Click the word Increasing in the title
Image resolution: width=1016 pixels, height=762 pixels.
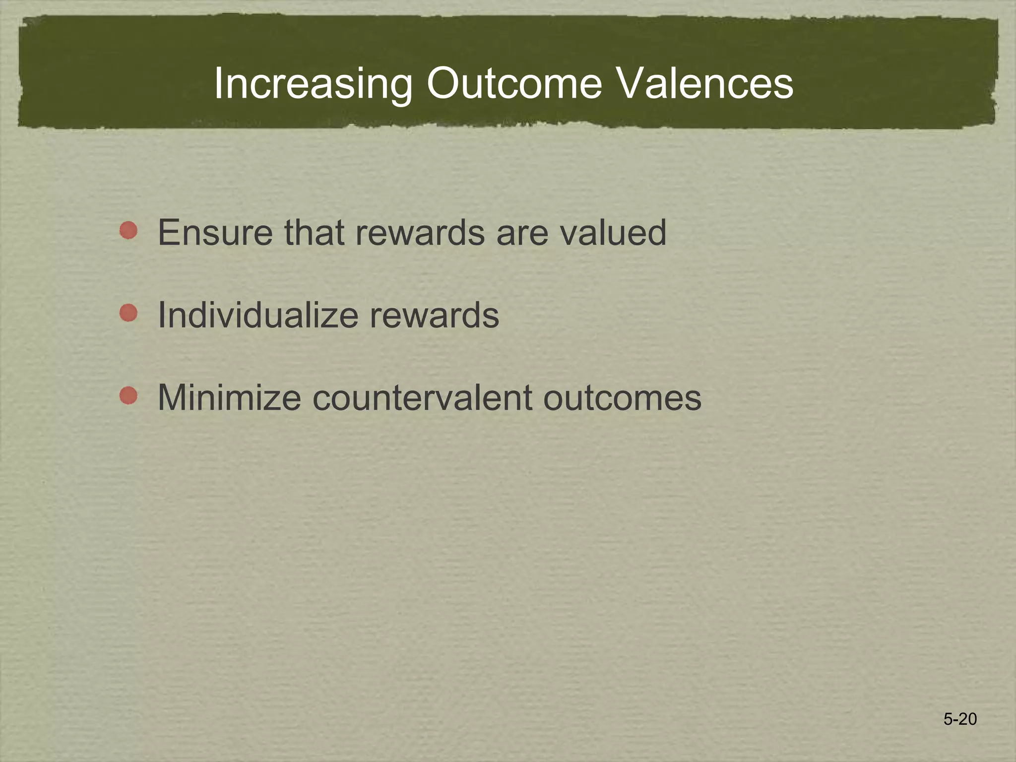pyautogui.click(x=313, y=84)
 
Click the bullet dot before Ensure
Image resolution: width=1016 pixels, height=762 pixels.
pyautogui.click(x=128, y=230)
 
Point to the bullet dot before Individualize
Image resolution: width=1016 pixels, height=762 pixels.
pyautogui.click(x=128, y=313)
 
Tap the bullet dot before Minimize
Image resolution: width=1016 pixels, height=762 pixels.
pyautogui.click(x=128, y=395)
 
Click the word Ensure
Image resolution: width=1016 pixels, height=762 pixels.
pyautogui.click(x=215, y=232)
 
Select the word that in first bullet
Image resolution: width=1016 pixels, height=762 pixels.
pyautogui.click(x=314, y=232)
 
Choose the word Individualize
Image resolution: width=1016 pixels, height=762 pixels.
pyautogui.click(x=257, y=315)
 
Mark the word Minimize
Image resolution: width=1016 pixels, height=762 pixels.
pyautogui.click(x=229, y=397)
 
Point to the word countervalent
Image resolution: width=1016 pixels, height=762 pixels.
pyautogui.click(x=422, y=398)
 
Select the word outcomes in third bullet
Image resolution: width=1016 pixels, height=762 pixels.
pyautogui.click(x=622, y=398)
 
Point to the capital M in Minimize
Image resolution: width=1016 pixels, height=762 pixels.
pyautogui.click(x=171, y=397)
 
